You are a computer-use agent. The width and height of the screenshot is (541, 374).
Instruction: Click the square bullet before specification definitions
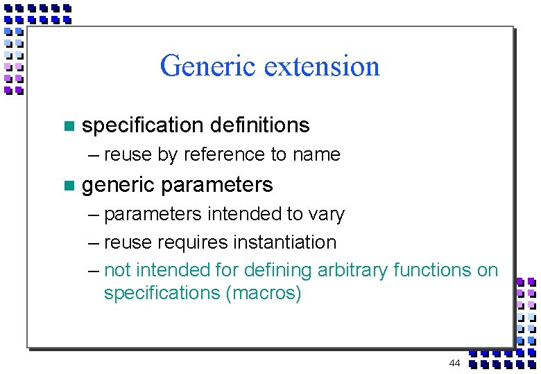pyautogui.click(x=68, y=126)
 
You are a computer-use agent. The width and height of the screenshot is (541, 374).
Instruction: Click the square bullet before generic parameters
pyautogui.click(x=68, y=186)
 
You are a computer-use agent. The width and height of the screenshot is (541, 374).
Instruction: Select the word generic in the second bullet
pyautogui.click(x=117, y=186)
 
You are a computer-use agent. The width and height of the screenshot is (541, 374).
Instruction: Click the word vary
pyautogui.click(x=326, y=214)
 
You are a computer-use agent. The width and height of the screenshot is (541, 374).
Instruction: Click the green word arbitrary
pyautogui.click(x=354, y=269)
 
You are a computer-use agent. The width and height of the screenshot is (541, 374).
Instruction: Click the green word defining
pyautogui.click(x=280, y=269)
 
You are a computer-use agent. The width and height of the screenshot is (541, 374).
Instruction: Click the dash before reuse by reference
pyautogui.click(x=94, y=155)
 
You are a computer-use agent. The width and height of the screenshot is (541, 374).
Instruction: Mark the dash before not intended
pyautogui.click(x=94, y=270)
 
